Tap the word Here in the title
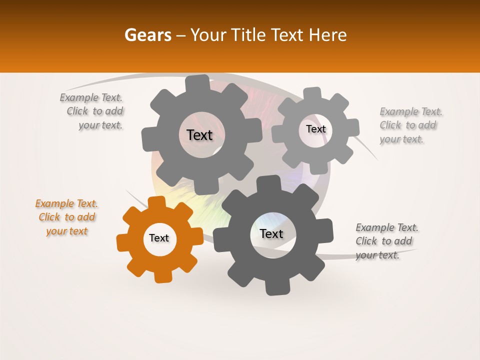(x=328, y=35)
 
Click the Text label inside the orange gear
(x=159, y=238)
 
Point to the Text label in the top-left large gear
(x=199, y=135)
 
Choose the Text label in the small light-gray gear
(x=315, y=129)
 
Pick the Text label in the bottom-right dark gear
(x=271, y=234)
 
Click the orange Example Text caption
(x=66, y=217)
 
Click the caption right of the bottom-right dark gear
(x=386, y=241)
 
